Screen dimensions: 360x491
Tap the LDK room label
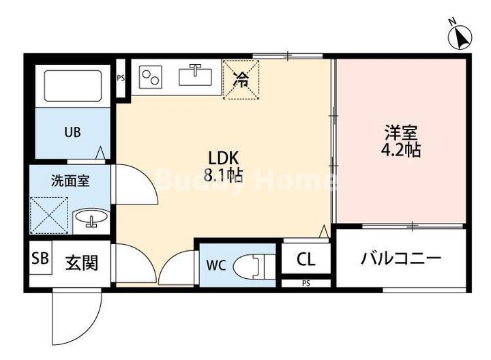click(x=220, y=155)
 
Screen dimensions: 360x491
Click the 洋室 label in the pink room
click(x=401, y=133)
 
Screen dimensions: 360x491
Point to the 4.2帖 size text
click(x=400, y=150)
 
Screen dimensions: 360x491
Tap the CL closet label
click(x=306, y=260)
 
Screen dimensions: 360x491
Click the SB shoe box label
click(x=40, y=259)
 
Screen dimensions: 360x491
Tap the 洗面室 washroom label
click(x=68, y=181)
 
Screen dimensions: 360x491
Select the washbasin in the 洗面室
click(x=89, y=219)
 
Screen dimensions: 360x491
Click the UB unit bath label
click(x=72, y=132)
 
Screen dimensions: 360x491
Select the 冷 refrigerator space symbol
click(x=241, y=80)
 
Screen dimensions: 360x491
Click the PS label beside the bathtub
click(x=121, y=78)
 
